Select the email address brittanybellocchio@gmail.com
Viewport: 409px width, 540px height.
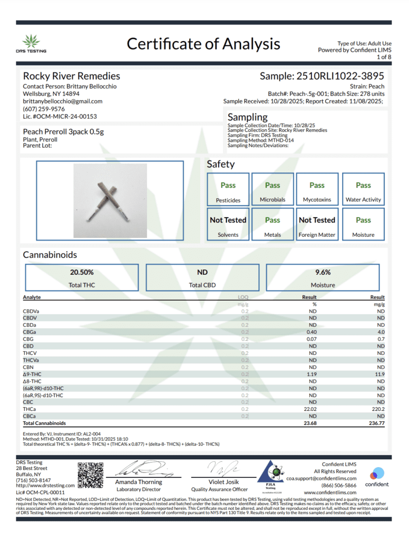click(62, 101)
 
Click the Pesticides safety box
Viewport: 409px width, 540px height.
click(228, 189)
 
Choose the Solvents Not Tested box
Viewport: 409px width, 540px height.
click(228, 224)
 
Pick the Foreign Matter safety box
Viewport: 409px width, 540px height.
click(317, 224)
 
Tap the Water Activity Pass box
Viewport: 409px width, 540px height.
click(363, 189)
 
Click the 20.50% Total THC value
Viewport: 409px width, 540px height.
click(82, 272)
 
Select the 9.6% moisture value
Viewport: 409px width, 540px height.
click(323, 272)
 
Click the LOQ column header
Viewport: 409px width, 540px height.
click(243, 297)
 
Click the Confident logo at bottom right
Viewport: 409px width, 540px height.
click(377, 476)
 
